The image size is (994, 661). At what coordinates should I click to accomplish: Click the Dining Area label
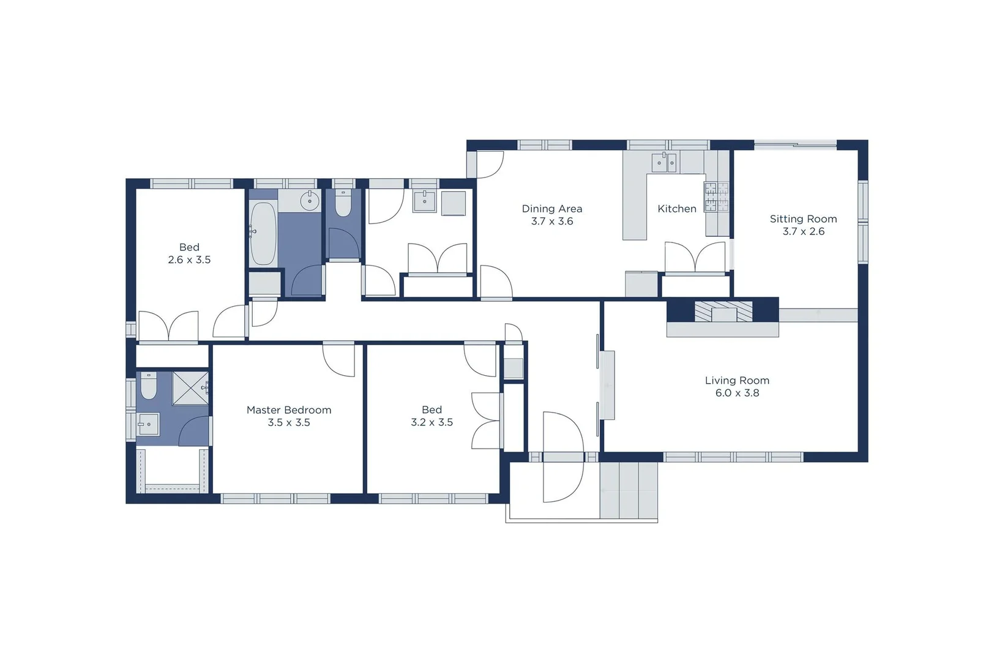point(551,209)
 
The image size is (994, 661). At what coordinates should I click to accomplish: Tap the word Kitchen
point(676,209)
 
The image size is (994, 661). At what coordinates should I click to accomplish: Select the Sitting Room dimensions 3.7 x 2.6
point(803,231)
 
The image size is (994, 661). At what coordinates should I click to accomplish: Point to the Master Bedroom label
point(289,410)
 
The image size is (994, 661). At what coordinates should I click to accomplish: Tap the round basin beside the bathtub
point(310,201)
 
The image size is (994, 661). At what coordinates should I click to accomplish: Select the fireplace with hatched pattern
point(723,312)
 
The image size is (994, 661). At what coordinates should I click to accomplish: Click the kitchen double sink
point(663,163)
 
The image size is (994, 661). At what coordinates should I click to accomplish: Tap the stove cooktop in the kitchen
point(716,197)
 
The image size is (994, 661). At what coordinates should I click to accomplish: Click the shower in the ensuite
point(190,388)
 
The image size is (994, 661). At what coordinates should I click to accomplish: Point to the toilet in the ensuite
point(149,386)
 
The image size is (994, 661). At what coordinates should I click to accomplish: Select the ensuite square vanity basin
point(148,424)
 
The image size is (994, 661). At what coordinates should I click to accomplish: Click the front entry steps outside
point(628,490)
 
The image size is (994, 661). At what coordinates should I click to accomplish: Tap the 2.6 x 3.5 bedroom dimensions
point(189,260)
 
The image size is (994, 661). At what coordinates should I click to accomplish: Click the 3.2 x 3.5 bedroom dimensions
point(432,422)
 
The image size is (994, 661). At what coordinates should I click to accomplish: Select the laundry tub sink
point(424,201)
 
